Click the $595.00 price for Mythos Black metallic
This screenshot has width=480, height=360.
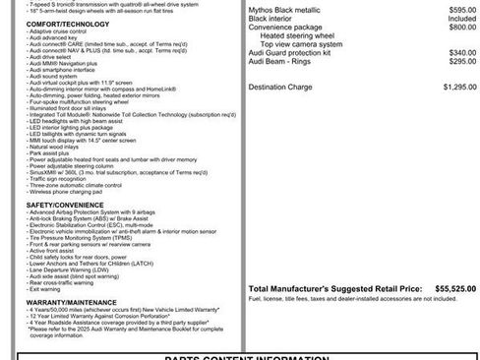[x=449, y=8]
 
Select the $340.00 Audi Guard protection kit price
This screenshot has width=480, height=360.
[x=449, y=52]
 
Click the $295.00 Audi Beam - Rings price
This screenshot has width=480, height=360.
[x=449, y=61]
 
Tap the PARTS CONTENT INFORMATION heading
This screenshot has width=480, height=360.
[x=241, y=356]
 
